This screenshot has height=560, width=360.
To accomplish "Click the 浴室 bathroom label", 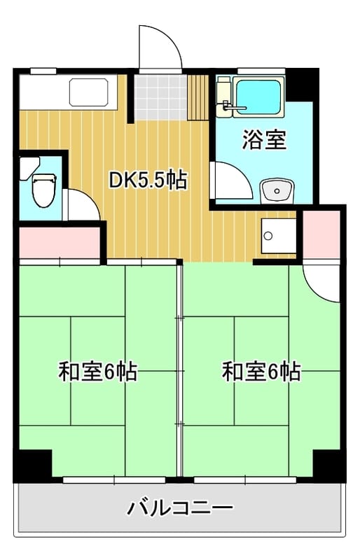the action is tap(265, 140).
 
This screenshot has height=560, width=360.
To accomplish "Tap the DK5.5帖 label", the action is tap(148, 181).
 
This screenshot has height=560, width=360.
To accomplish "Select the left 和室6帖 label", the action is tap(97, 372).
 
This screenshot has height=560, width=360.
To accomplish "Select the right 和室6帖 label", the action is tap(261, 372).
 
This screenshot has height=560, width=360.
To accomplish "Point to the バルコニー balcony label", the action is tap(180, 507).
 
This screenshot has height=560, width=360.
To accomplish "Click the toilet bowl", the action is tap(44, 190).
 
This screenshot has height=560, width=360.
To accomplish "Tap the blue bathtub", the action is tap(258, 97).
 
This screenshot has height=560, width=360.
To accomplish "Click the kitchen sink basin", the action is tap(89, 92).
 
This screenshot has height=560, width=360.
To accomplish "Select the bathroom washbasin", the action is tap(277, 191).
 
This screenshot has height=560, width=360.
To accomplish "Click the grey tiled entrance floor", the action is tap(161, 97).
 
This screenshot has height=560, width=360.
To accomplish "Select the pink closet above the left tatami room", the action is tap(60, 242).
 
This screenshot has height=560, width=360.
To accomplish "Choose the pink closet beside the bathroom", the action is tap(321, 234).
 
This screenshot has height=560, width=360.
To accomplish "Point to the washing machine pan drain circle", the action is tap(268, 236).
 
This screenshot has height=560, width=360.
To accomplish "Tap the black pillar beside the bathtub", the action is tap(301, 85).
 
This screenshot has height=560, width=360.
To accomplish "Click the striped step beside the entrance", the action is tap(198, 97).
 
